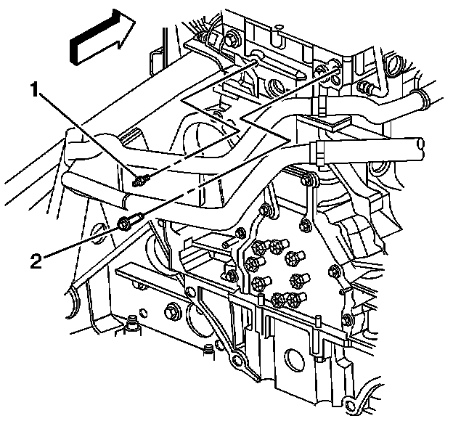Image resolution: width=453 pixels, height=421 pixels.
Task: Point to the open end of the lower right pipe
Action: pyautogui.click(x=420, y=148)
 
